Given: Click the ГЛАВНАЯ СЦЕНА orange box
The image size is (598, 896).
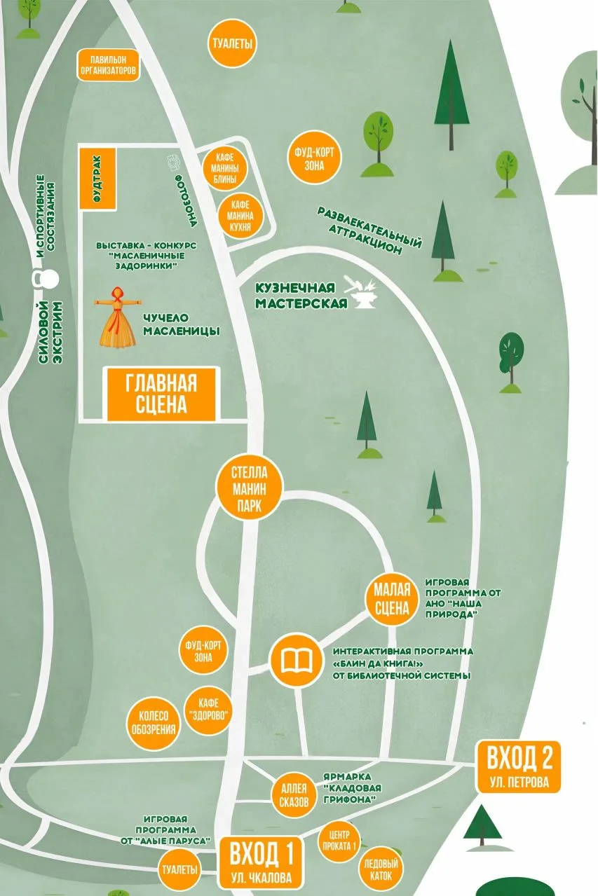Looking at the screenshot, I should click(162, 394).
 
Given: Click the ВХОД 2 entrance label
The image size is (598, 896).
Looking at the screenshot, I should click(519, 767).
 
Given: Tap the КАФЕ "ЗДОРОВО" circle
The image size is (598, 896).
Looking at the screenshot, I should click(207, 710).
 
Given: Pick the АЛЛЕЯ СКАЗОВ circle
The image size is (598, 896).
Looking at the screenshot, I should click(293, 794).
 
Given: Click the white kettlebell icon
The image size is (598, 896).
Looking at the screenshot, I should click(47, 279).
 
